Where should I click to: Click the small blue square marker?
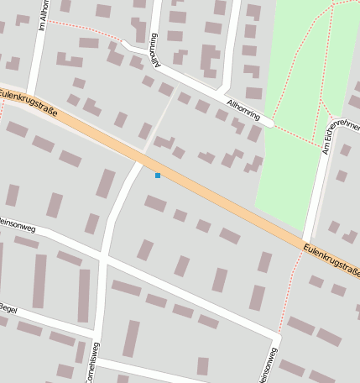pyautogui.click(x=157, y=176)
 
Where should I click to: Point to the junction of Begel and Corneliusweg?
pyautogui.click(x=94, y=337)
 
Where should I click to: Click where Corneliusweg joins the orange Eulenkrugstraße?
pyautogui.click(x=141, y=160)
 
